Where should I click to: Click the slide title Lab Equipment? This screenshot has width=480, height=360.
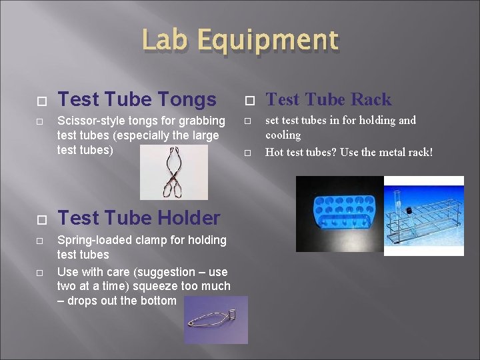(240, 41)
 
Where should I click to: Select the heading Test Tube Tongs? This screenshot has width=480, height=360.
(137, 100)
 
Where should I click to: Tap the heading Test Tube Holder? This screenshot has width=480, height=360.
(139, 218)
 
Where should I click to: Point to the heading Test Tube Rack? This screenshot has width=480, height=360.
(329, 100)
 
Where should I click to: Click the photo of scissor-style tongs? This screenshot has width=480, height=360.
(173, 171)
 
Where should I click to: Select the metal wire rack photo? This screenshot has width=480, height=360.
(424, 215)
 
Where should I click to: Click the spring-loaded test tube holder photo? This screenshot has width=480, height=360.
(215, 319)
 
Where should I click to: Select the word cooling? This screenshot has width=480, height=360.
(283, 135)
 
